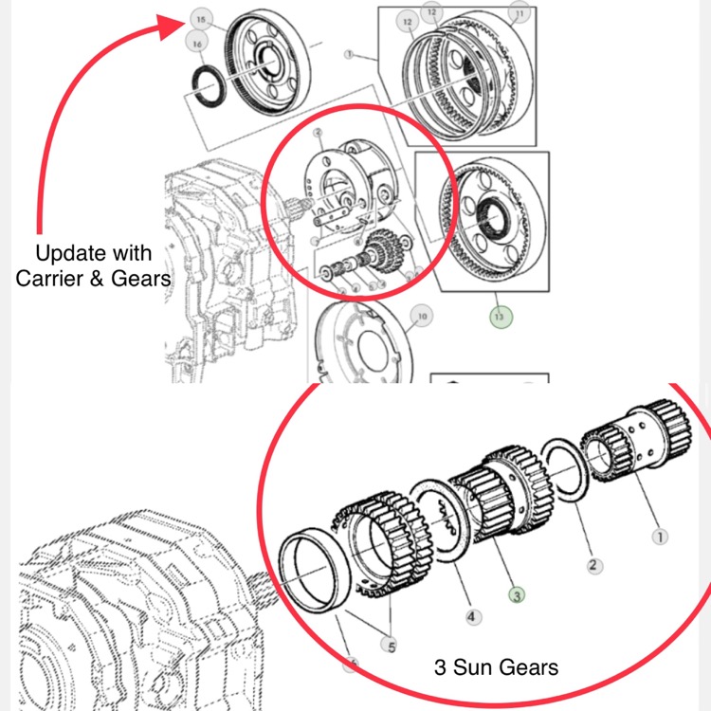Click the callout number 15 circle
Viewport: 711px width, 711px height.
pyautogui.click(x=198, y=19)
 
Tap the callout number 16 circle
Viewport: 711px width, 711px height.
pyautogui.click(x=196, y=44)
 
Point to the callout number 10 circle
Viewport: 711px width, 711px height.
pyautogui.click(x=423, y=316)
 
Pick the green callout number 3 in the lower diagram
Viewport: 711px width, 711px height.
pyautogui.click(x=517, y=595)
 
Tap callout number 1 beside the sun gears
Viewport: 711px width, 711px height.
pyautogui.click(x=660, y=537)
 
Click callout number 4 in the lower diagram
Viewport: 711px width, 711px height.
pyautogui.click(x=471, y=616)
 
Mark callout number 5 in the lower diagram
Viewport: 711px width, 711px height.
pyautogui.click(x=389, y=646)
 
